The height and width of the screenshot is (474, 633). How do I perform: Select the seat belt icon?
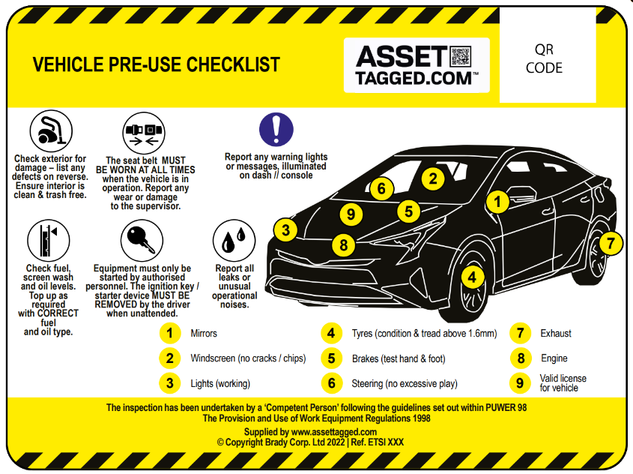[x=143, y=133]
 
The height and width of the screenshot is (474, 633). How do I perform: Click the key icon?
[x=142, y=240]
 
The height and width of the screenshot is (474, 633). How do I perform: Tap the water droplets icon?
[x=234, y=240]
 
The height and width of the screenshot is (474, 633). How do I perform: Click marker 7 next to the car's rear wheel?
[x=611, y=242]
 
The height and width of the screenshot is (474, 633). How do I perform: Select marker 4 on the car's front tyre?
[x=471, y=277]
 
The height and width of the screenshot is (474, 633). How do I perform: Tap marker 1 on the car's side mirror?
[x=498, y=201]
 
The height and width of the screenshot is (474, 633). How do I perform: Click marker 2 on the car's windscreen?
[x=432, y=178]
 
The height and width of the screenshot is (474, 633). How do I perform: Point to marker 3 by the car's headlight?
[x=285, y=229]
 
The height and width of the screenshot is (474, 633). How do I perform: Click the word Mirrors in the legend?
[x=204, y=333]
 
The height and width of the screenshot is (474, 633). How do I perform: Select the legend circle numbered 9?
[x=518, y=382]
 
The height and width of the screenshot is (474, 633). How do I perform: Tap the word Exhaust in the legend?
[x=555, y=333]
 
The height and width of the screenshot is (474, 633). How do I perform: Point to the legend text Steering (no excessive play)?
[x=404, y=383]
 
